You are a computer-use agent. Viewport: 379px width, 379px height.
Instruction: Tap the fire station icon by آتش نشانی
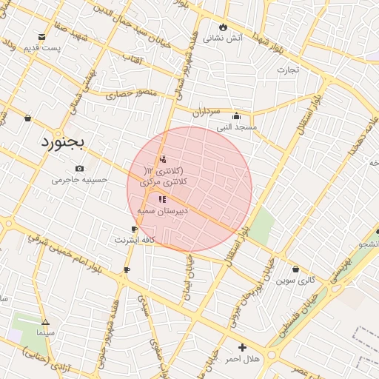point(224,28)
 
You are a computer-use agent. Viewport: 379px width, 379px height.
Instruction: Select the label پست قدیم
point(41,49)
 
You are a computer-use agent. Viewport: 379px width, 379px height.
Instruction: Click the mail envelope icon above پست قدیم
point(41,36)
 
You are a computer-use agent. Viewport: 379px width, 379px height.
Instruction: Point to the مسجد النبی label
point(236,127)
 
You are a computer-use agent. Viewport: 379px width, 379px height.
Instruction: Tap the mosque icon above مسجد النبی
point(236,115)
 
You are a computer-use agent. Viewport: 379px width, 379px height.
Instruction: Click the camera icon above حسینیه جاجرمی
point(79,168)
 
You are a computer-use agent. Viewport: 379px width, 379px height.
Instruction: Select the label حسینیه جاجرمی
point(85,179)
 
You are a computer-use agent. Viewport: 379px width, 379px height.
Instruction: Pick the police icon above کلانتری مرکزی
point(163,159)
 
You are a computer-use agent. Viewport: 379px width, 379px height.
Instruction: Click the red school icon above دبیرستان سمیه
point(162,199)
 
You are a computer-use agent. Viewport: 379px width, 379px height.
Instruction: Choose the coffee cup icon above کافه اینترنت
point(134,229)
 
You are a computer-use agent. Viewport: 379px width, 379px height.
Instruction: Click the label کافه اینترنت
point(135,241)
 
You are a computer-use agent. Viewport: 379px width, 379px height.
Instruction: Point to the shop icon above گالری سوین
point(296,269)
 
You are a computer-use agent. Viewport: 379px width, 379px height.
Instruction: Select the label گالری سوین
point(296,281)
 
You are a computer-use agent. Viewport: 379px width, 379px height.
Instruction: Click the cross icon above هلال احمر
point(242,347)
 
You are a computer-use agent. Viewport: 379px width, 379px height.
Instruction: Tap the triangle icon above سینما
point(45,322)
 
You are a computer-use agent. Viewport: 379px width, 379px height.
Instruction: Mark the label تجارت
point(287,70)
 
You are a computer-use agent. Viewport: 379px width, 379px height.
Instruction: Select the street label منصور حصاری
point(131,94)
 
